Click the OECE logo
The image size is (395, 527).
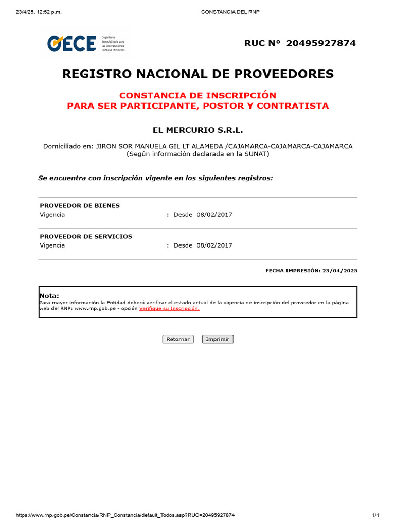[x=72, y=44]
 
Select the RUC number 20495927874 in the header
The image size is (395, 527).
[x=320, y=43]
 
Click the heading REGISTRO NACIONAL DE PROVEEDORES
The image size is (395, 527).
[x=197, y=74]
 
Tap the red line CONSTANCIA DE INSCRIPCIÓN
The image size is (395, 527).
[x=197, y=95]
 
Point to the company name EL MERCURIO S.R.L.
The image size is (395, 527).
[x=197, y=130]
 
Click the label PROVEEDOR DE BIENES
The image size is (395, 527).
[x=80, y=206]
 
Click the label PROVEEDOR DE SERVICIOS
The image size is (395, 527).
[x=86, y=237]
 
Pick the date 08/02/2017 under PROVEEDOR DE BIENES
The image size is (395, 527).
[x=214, y=215]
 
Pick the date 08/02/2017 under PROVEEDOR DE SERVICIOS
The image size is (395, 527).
[x=214, y=245]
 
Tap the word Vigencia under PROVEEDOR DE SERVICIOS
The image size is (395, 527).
[x=52, y=245]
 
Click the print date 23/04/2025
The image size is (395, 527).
[x=339, y=270]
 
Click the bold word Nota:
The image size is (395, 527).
[x=49, y=296]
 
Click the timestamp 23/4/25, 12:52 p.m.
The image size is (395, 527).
[x=39, y=12]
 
